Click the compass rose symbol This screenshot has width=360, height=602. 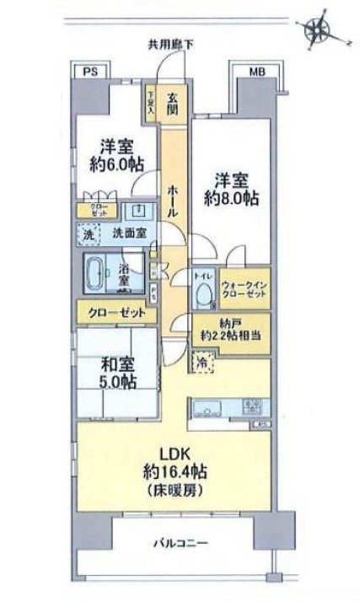tap(319, 30)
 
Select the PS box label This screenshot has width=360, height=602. tap(89, 73)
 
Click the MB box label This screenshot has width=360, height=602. tap(255, 73)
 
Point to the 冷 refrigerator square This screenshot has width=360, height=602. tap(203, 363)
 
